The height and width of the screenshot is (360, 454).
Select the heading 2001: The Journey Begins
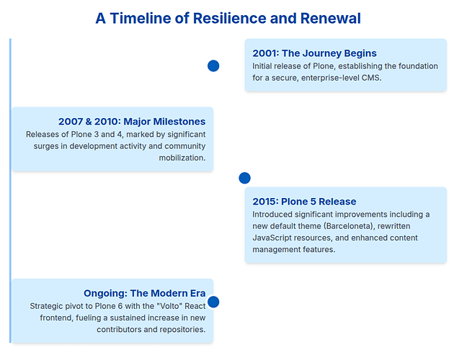coord(314,53)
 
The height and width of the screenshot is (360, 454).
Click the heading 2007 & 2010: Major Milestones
coord(132,122)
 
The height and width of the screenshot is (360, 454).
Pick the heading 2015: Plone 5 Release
coord(304,202)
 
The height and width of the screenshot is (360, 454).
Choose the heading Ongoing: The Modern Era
coord(144,293)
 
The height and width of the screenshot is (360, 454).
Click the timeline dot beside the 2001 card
coord(213,66)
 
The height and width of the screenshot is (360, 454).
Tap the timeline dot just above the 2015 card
coord(244,178)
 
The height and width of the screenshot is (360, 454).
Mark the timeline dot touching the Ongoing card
coord(213,302)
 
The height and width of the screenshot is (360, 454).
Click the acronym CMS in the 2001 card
coord(370,78)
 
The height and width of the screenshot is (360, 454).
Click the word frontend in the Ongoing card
coord(48,318)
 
